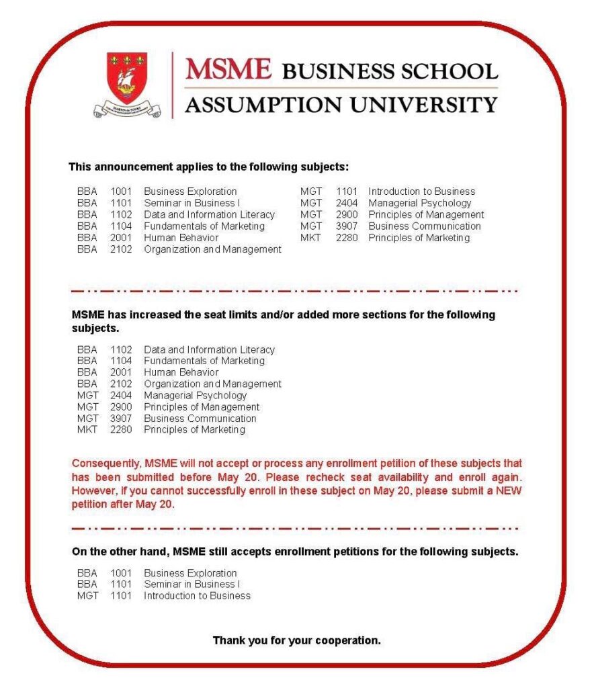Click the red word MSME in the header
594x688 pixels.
[228, 69]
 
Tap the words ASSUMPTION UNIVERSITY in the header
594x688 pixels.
[341, 105]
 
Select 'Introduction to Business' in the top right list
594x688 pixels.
[421, 191]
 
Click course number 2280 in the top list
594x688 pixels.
[347, 238]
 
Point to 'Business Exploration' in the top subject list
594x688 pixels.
[190, 191]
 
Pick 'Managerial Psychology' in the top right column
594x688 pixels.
[419, 203]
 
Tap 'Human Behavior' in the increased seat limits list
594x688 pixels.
[181, 372]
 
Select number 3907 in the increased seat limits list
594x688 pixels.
[121, 418]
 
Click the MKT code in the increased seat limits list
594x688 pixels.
[87, 429]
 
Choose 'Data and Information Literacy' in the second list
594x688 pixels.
[209, 349]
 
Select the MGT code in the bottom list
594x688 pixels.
[87, 596]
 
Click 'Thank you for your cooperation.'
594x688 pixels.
[296, 640]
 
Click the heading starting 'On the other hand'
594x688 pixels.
[294, 552]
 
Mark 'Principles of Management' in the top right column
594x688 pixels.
[425, 215]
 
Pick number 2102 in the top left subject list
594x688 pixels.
[121, 249]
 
